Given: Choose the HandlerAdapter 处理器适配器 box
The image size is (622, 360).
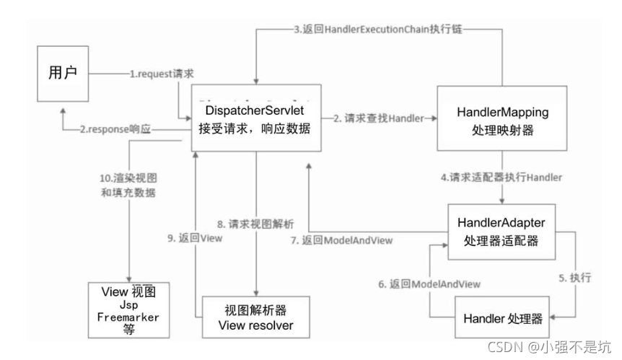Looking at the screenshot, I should coord(501,232).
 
